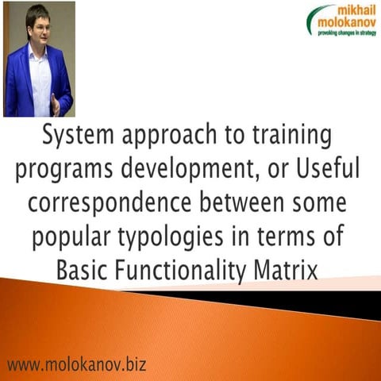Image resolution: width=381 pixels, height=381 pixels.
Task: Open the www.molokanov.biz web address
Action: click(x=78, y=367)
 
